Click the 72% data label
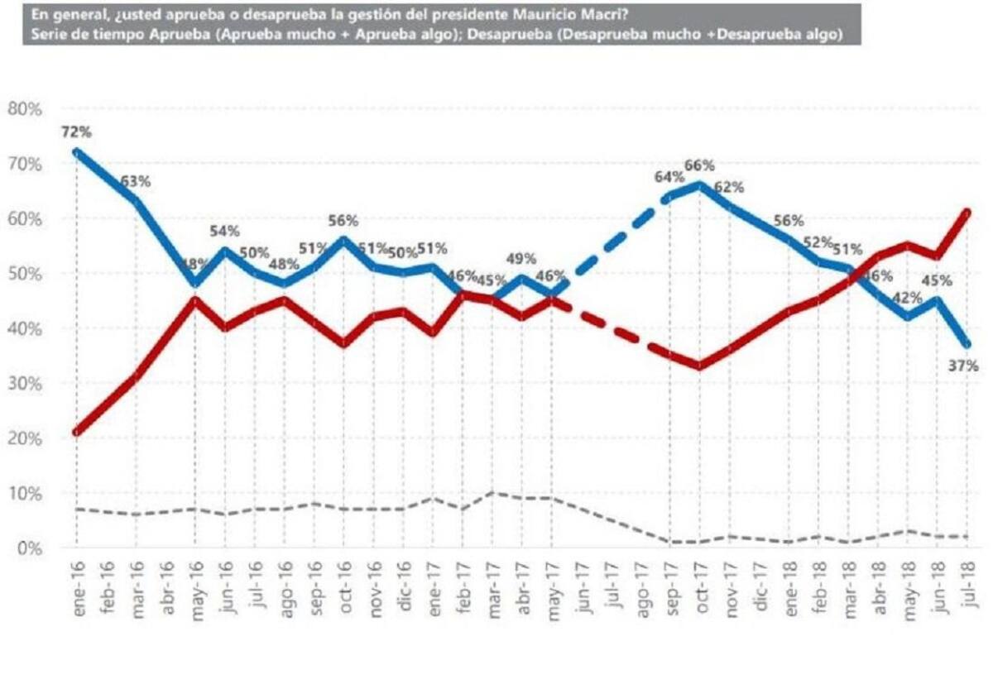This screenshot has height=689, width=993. pyautogui.click(x=75, y=132)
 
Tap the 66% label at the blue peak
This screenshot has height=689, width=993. pyautogui.click(x=699, y=165)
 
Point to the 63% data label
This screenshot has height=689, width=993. pyautogui.click(x=136, y=182)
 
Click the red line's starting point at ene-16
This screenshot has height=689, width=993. pyautogui.click(x=76, y=432)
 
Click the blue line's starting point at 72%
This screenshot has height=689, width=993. pyautogui.click(x=76, y=152)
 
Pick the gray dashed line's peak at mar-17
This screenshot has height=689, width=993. pyautogui.click(x=492, y=493)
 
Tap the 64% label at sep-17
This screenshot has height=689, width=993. pyautogui.click(x=669, y=176)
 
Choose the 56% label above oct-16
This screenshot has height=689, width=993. pyautogui.click(x=343, y=221)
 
